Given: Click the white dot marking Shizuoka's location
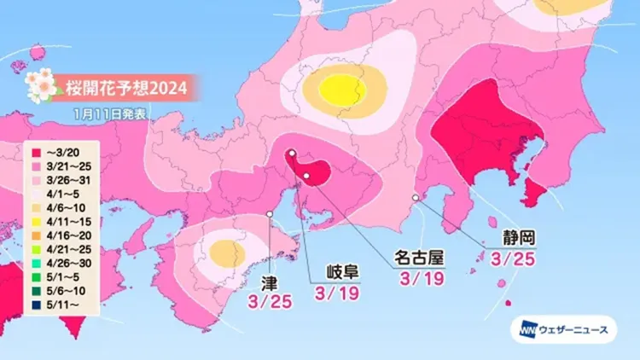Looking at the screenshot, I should click(415, 197).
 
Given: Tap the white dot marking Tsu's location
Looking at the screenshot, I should click(270, 213).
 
